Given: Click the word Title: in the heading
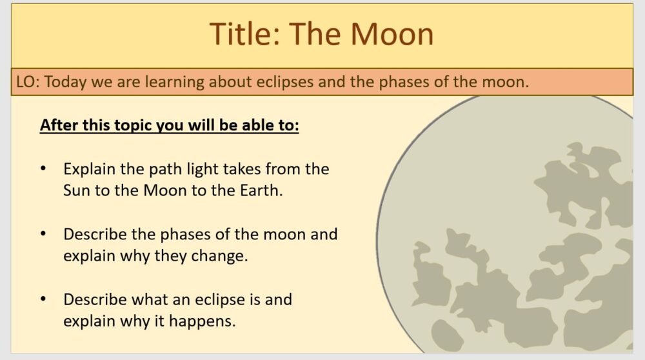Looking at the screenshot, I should click(x=244, y=34).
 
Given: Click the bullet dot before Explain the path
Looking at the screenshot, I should click(x=43, y=168).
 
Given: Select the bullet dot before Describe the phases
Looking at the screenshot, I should click(x=43, y=234).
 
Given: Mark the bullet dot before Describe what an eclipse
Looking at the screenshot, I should click(x=43, y=299).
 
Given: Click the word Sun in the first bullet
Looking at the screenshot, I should click(x=77, y=191).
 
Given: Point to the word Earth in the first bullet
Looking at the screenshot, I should click(x=259, y=191).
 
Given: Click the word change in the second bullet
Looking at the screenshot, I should click(x=217, y=255).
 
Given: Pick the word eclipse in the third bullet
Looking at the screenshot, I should click(x=223, y=299).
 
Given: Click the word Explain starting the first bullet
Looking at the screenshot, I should click(x=89, y=170).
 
